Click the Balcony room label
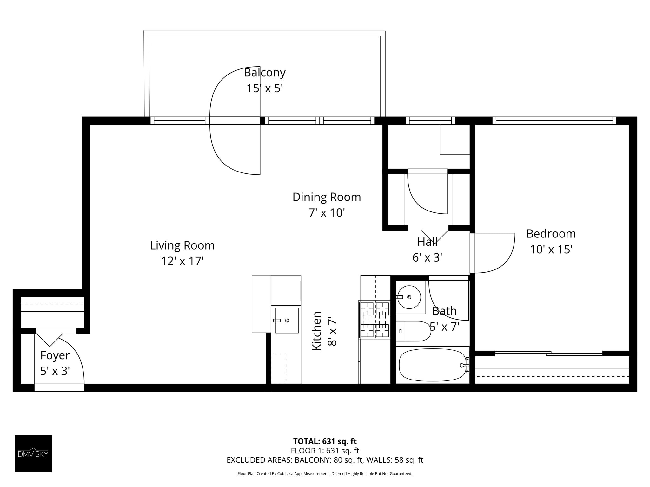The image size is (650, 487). click(x=264, y=73)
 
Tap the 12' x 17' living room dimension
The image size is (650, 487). click(x=182, y=261)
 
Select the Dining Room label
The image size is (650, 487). click(x=327, y=197)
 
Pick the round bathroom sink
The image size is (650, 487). click(x=409, y=297)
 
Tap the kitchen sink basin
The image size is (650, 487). click(x=287, y=321)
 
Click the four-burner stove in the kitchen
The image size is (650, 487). click(x=374, y=320)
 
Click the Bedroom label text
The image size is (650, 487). click(x=551, y=234)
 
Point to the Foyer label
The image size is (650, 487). click(x=55, y=355)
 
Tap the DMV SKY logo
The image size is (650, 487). click(x=33, y=454)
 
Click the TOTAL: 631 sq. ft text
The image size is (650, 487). click(x=325, y=441)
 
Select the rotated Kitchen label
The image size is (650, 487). click(x=317, y=331)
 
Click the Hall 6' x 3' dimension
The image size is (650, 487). click(x=427, y=257)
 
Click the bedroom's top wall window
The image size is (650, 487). click(x=554, y=120)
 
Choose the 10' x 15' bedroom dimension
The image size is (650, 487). click(x=551, y=250)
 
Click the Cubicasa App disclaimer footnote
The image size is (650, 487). click(x=325, y=474)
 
